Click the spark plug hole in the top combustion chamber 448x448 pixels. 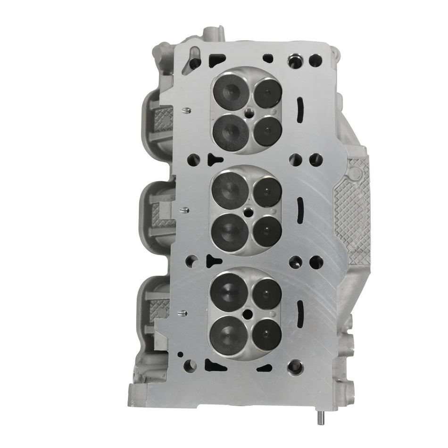point(249,113)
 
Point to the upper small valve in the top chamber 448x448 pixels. point(268,92)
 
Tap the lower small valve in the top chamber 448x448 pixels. point(267,131)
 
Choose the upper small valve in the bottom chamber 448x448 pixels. point(267,293)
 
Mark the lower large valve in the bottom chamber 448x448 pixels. point(231,334)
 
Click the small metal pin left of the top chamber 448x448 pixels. point(185,111)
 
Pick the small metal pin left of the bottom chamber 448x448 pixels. point(183,312)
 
